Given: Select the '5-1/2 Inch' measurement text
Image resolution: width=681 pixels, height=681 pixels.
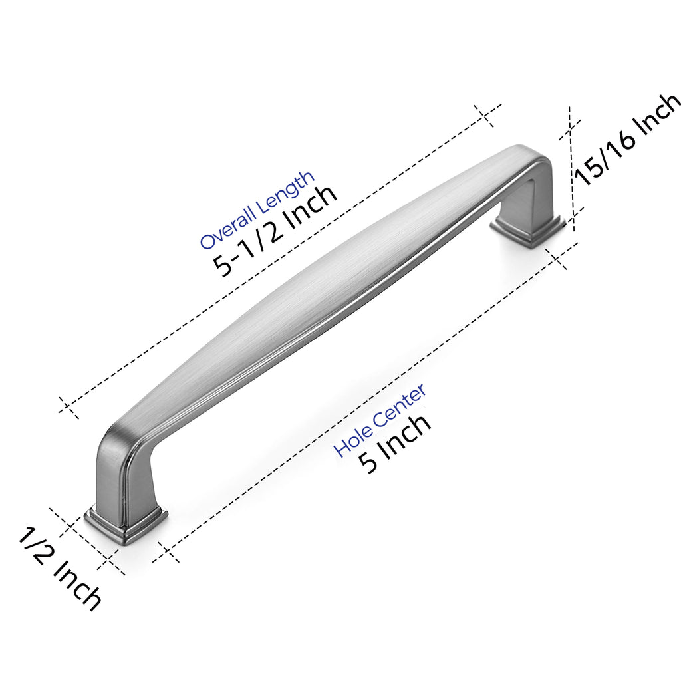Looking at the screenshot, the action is (x=275, y=231).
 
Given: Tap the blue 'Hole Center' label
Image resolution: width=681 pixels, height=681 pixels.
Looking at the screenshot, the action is (x=380, y=419).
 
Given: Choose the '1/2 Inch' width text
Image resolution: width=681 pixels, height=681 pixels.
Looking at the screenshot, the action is (x=59, y=569).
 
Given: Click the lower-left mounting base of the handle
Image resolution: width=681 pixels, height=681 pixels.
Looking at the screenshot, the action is (x=126, y=521).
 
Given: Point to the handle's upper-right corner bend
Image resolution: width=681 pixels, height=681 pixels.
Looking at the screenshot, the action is (x=527, y=158).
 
